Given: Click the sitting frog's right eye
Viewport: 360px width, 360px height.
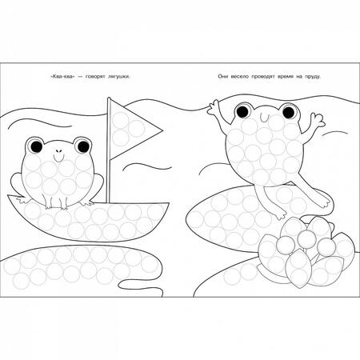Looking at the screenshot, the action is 83,146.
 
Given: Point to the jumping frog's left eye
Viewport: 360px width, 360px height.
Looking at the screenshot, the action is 242,110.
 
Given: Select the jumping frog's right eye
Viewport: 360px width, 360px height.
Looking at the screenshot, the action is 289,112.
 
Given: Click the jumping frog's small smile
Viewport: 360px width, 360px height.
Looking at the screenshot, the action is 265,117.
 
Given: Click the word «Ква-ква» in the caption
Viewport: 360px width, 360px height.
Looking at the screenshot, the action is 62,77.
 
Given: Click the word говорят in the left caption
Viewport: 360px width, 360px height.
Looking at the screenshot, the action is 95,77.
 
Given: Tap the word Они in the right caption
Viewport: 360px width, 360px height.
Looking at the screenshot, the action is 222,77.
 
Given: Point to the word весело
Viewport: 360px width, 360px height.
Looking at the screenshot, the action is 239,77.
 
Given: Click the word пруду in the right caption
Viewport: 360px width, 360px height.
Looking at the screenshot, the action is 312,77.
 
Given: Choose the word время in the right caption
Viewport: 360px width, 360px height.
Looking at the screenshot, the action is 285,77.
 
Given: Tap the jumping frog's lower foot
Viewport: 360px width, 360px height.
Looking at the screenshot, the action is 281,214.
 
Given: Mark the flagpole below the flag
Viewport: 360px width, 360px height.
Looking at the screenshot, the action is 108,182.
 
